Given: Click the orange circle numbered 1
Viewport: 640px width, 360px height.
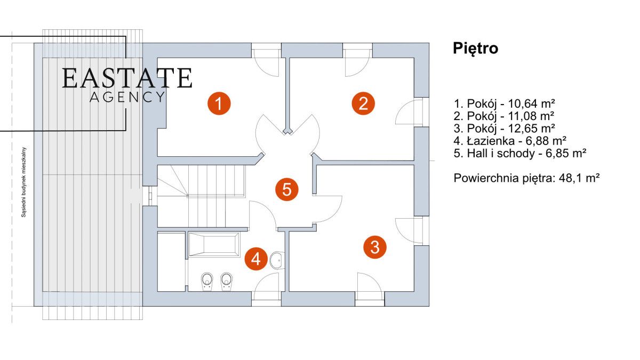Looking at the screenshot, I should pyautogui.click(x=219, y=103).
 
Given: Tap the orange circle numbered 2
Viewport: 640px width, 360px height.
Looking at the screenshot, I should pyautogui.click(x=363, y=103).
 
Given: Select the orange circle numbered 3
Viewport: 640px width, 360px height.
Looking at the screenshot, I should pyautogui.click(x=375, y=247).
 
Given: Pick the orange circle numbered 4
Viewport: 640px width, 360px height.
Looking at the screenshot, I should pyautogui.click(x=256, y=259).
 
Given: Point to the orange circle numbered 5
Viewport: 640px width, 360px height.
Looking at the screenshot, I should pyautogui.click(x=287, y=189).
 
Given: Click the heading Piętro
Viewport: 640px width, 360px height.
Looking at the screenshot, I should pyautogui.click(x=475, y=49).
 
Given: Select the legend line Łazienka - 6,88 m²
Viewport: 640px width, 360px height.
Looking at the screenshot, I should pyautogui.click(x=509, y=140).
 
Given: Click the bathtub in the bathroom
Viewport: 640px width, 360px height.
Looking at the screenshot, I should pyautogui.click(x=213, y=244).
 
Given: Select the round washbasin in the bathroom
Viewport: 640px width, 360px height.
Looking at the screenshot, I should pyautogui.click(x=277, y=260).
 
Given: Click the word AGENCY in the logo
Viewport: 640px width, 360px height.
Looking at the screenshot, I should pyautogui.click(x=127, y=97).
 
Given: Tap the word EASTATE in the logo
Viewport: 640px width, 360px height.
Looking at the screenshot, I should pyautogui.click(x=127, y=78).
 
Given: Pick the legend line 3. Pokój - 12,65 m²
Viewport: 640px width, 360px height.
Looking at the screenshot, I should pyautogui.click(x=503, y=128).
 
